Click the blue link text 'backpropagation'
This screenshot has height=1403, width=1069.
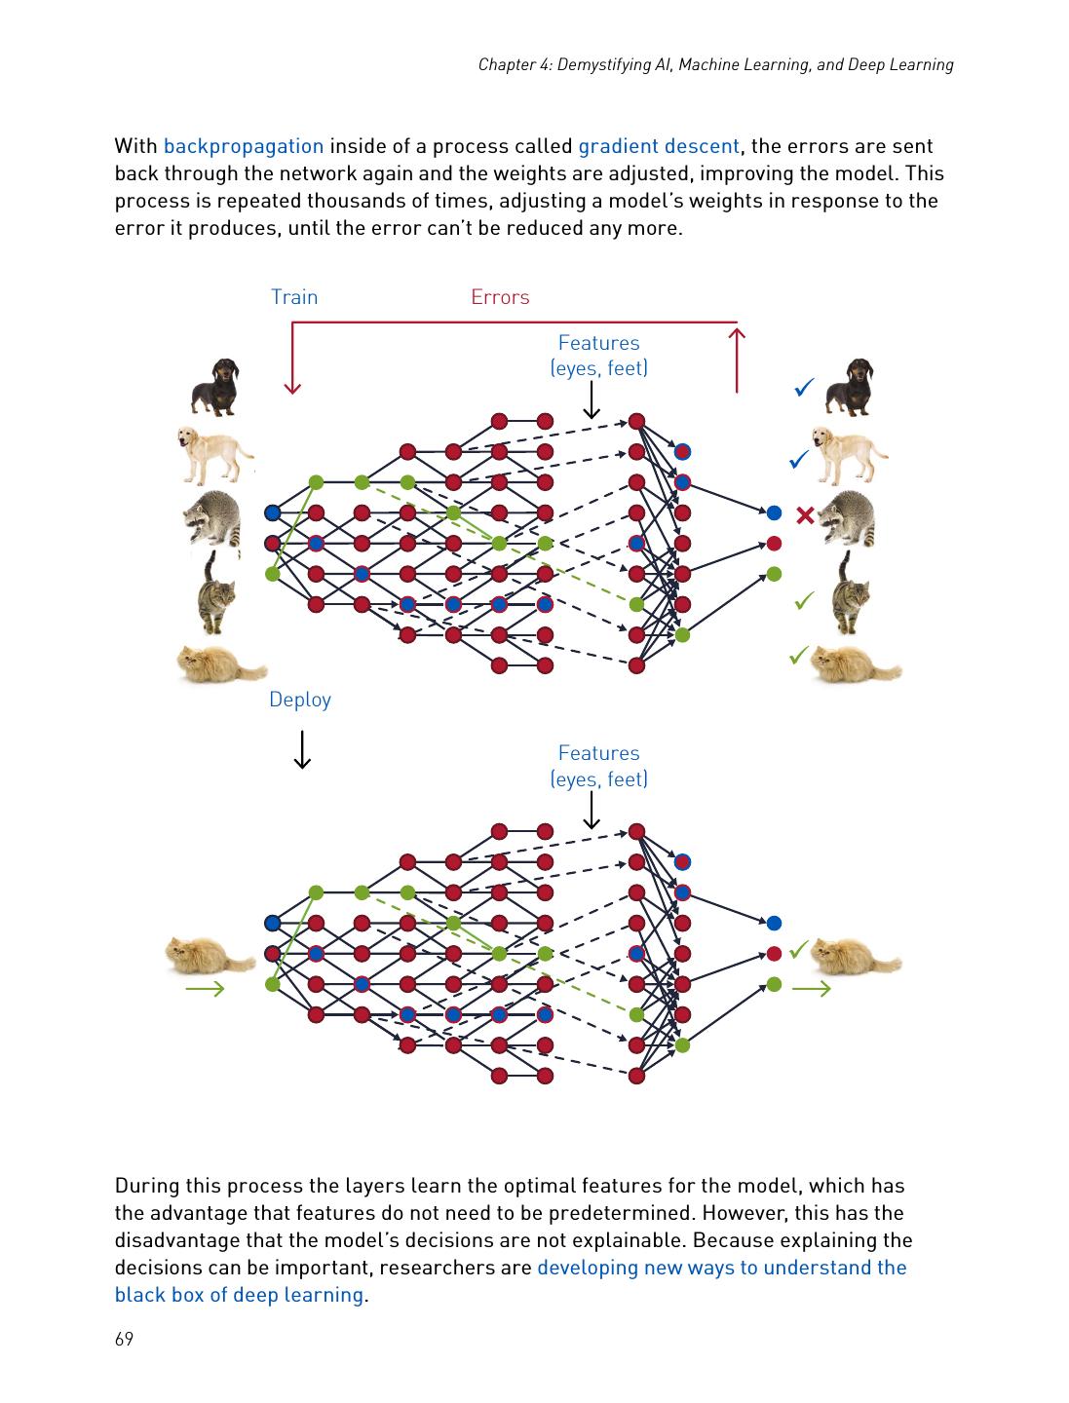tap(243, 146)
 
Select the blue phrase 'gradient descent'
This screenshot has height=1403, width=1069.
tap(659, 146)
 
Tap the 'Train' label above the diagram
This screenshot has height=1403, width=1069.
tap(294, 297)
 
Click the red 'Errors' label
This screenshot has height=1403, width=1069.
tap(500, 297)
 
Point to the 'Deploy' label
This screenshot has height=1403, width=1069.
tap(300, 700)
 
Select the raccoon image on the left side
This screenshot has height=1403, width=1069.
tap(212, 516)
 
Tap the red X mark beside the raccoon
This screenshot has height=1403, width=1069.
tap(805, 515)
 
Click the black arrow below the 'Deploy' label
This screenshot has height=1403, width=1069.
tap(302, 749)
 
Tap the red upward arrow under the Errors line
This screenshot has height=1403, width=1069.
tap(737, 360)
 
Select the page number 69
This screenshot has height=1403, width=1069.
tap(124, 1340)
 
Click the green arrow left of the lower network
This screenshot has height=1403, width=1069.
tap(205, 989)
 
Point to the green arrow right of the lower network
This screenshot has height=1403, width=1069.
tap(811, 989)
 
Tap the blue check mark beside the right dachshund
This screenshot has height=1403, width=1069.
tap(804, 389)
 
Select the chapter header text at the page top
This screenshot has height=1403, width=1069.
tap(715, 65)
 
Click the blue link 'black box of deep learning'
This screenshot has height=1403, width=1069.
tap(239, 1295)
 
